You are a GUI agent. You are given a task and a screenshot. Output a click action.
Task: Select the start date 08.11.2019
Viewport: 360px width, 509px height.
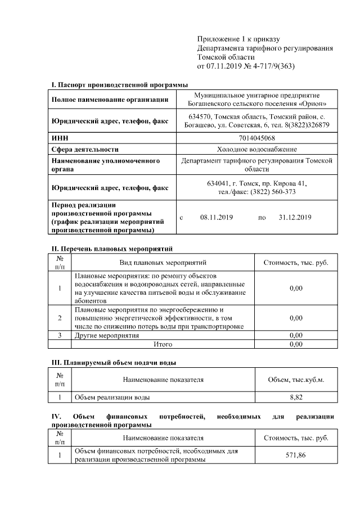pos(216,217)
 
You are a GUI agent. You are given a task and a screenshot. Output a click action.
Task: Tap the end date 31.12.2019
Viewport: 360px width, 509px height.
pos(295,217)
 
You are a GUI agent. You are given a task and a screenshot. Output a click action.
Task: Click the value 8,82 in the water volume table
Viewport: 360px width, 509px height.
pos(296,398)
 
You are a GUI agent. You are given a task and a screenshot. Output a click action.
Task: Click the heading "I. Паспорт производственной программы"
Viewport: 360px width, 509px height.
pos(119,84)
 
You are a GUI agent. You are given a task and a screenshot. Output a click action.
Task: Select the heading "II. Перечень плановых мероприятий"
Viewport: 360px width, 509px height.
pos(112,248)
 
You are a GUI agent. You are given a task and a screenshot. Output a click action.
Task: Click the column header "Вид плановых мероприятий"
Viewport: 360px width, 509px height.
pos(163,263)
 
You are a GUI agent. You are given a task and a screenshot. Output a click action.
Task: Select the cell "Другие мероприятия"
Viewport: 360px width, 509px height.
pos(106,336)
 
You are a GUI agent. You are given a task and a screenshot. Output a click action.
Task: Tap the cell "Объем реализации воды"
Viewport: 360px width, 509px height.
pos(112,398)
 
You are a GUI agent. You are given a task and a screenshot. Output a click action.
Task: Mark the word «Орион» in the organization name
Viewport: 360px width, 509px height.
pos(312,103)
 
